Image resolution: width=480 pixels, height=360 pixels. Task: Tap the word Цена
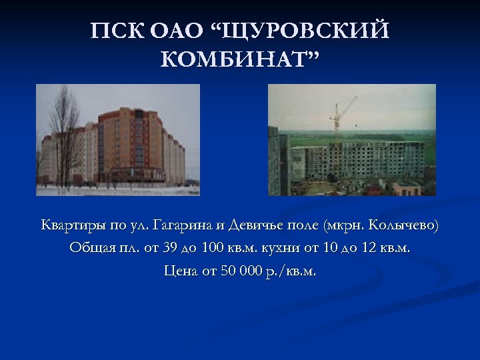click(179, 271)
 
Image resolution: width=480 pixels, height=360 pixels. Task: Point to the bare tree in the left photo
click(63, 133)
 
